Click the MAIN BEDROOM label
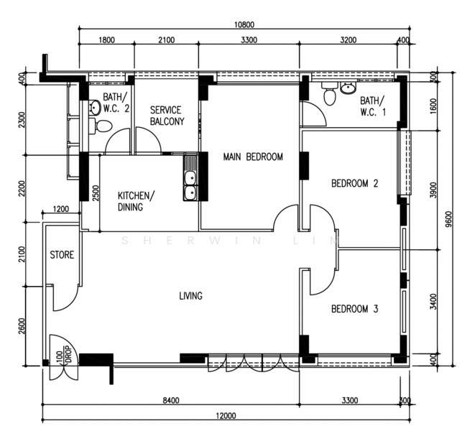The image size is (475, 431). (x=253, y=157)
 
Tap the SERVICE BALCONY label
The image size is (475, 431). (x=167, y=116)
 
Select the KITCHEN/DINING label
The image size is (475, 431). (x=136, y=201)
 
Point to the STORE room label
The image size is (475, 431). (x=62, y=255)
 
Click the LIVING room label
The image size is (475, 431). (x=191, y=296)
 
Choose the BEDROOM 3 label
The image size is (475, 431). (x=355, y=309)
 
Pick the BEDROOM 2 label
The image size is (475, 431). (x=355, y=183)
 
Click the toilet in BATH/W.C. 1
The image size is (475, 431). (x=329, y=93)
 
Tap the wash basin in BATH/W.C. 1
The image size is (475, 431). (x=349, y=88)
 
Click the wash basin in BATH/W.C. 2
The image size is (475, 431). (x=95, y=108)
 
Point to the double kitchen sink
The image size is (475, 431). (x=190, y=178)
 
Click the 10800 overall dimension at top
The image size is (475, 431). (x=244, y=24)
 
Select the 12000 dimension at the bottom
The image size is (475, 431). (x=226, y=415)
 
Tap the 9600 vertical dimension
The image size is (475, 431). (x=448, y=218)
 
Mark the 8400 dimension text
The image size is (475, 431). (x=171, y=400)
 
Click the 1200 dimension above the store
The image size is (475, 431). (x=61, y=209)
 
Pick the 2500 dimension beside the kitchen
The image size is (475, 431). (x=96, y=193)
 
